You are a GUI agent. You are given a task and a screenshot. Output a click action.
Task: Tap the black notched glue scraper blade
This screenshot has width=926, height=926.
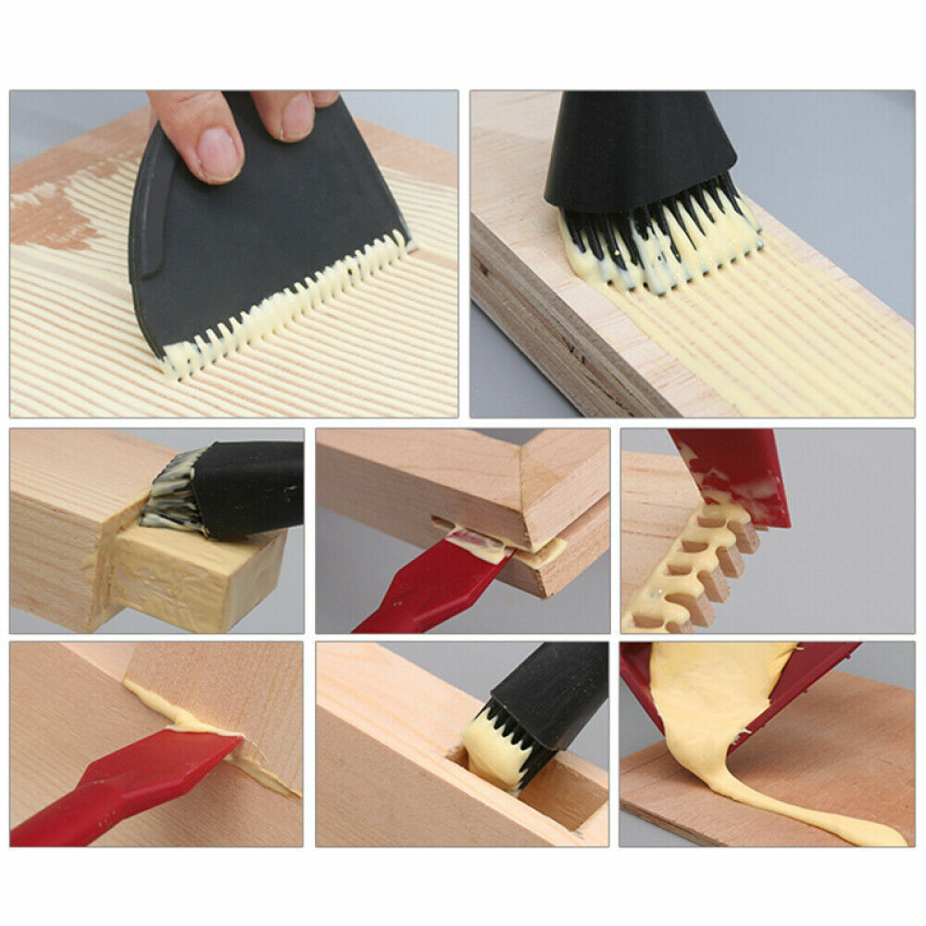pyautogui.click(x=259, y=241)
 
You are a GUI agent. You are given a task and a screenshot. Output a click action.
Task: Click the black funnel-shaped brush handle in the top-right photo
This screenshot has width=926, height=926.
pyautogui.click(x=639, y=148)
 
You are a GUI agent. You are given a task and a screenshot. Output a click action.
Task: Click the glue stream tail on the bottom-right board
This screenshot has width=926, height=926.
pyautogui.click(x=833, y=824)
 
